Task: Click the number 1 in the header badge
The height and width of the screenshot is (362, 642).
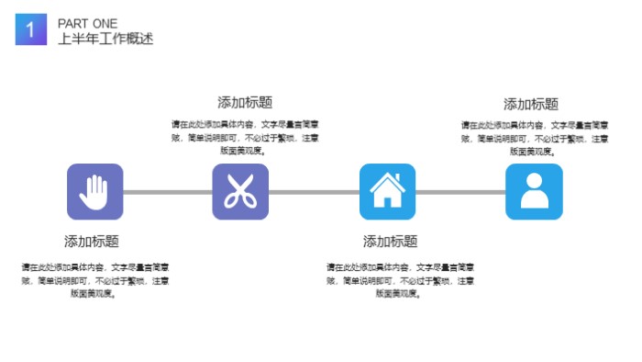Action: pos(30,30)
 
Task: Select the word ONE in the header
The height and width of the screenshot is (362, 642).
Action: pos(105,23)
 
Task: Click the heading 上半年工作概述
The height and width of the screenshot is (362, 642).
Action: pos(105,39)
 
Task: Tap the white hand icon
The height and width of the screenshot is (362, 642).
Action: pos(94,191)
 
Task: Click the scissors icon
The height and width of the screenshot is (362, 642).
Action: pos(240,191)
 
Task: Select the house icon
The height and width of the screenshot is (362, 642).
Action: pos(387,191)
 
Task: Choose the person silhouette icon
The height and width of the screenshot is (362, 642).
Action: pos(533,191)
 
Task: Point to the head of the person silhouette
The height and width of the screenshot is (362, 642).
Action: pos(533,182)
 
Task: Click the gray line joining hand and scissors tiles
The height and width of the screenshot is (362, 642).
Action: pos(167,192)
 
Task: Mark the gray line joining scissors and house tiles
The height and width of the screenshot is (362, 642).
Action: pos(314,192)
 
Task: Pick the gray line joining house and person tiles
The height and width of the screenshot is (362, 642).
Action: pos(460,192)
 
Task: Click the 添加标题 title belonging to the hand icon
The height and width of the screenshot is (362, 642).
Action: pos(92,242)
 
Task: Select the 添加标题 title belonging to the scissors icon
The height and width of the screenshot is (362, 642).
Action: pos(244,103)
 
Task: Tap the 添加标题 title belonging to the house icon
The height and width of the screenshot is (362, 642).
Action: pos(390,242)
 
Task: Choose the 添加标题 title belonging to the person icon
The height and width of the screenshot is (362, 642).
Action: pos(530,105)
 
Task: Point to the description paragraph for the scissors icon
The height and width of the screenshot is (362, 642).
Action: pos(244,138)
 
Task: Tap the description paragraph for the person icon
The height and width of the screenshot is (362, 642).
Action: pos(534,138)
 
